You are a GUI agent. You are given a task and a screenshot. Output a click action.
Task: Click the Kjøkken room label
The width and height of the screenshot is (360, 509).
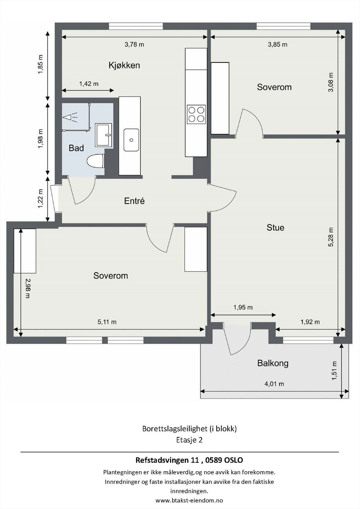(124, 66)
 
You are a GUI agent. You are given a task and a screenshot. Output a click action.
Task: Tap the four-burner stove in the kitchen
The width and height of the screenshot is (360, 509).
(196, 114)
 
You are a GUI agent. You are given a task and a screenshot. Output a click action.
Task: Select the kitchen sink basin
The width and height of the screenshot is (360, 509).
(131, 140)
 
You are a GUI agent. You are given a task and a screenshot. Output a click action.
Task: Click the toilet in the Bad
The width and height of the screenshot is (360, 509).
(95, 161)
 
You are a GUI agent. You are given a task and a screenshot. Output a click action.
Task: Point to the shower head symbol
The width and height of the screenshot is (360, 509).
(70, 117)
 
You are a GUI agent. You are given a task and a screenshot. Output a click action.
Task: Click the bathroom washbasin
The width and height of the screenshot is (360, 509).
(103, 135)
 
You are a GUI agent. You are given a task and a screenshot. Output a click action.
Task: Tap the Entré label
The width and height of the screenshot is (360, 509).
(134, 201)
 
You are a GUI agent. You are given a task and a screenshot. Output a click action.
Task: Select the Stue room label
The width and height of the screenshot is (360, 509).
(275, 227)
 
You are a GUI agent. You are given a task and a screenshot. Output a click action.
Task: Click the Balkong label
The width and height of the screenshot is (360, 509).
(273, 363)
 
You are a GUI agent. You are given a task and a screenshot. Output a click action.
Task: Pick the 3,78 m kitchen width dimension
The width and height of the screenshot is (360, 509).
(134, 44)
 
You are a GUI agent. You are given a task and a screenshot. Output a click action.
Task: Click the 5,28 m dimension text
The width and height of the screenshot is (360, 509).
(331, 237)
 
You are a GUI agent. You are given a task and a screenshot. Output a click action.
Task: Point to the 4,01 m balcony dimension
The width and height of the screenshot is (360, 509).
(274, 384)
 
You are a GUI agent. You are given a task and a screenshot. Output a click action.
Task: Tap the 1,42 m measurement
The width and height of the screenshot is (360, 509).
(89, 84)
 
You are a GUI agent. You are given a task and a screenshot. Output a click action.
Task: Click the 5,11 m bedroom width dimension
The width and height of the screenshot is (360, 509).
(107, 322)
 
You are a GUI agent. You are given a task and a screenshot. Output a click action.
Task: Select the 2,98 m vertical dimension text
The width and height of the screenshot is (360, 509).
(27, 288)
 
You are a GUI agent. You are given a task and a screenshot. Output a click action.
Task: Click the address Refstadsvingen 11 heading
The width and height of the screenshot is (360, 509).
(189, 458)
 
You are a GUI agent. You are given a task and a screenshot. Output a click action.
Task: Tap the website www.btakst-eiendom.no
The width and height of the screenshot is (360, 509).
(189, 500)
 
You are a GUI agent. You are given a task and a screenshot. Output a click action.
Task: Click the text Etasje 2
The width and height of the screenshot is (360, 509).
(189, 440)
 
